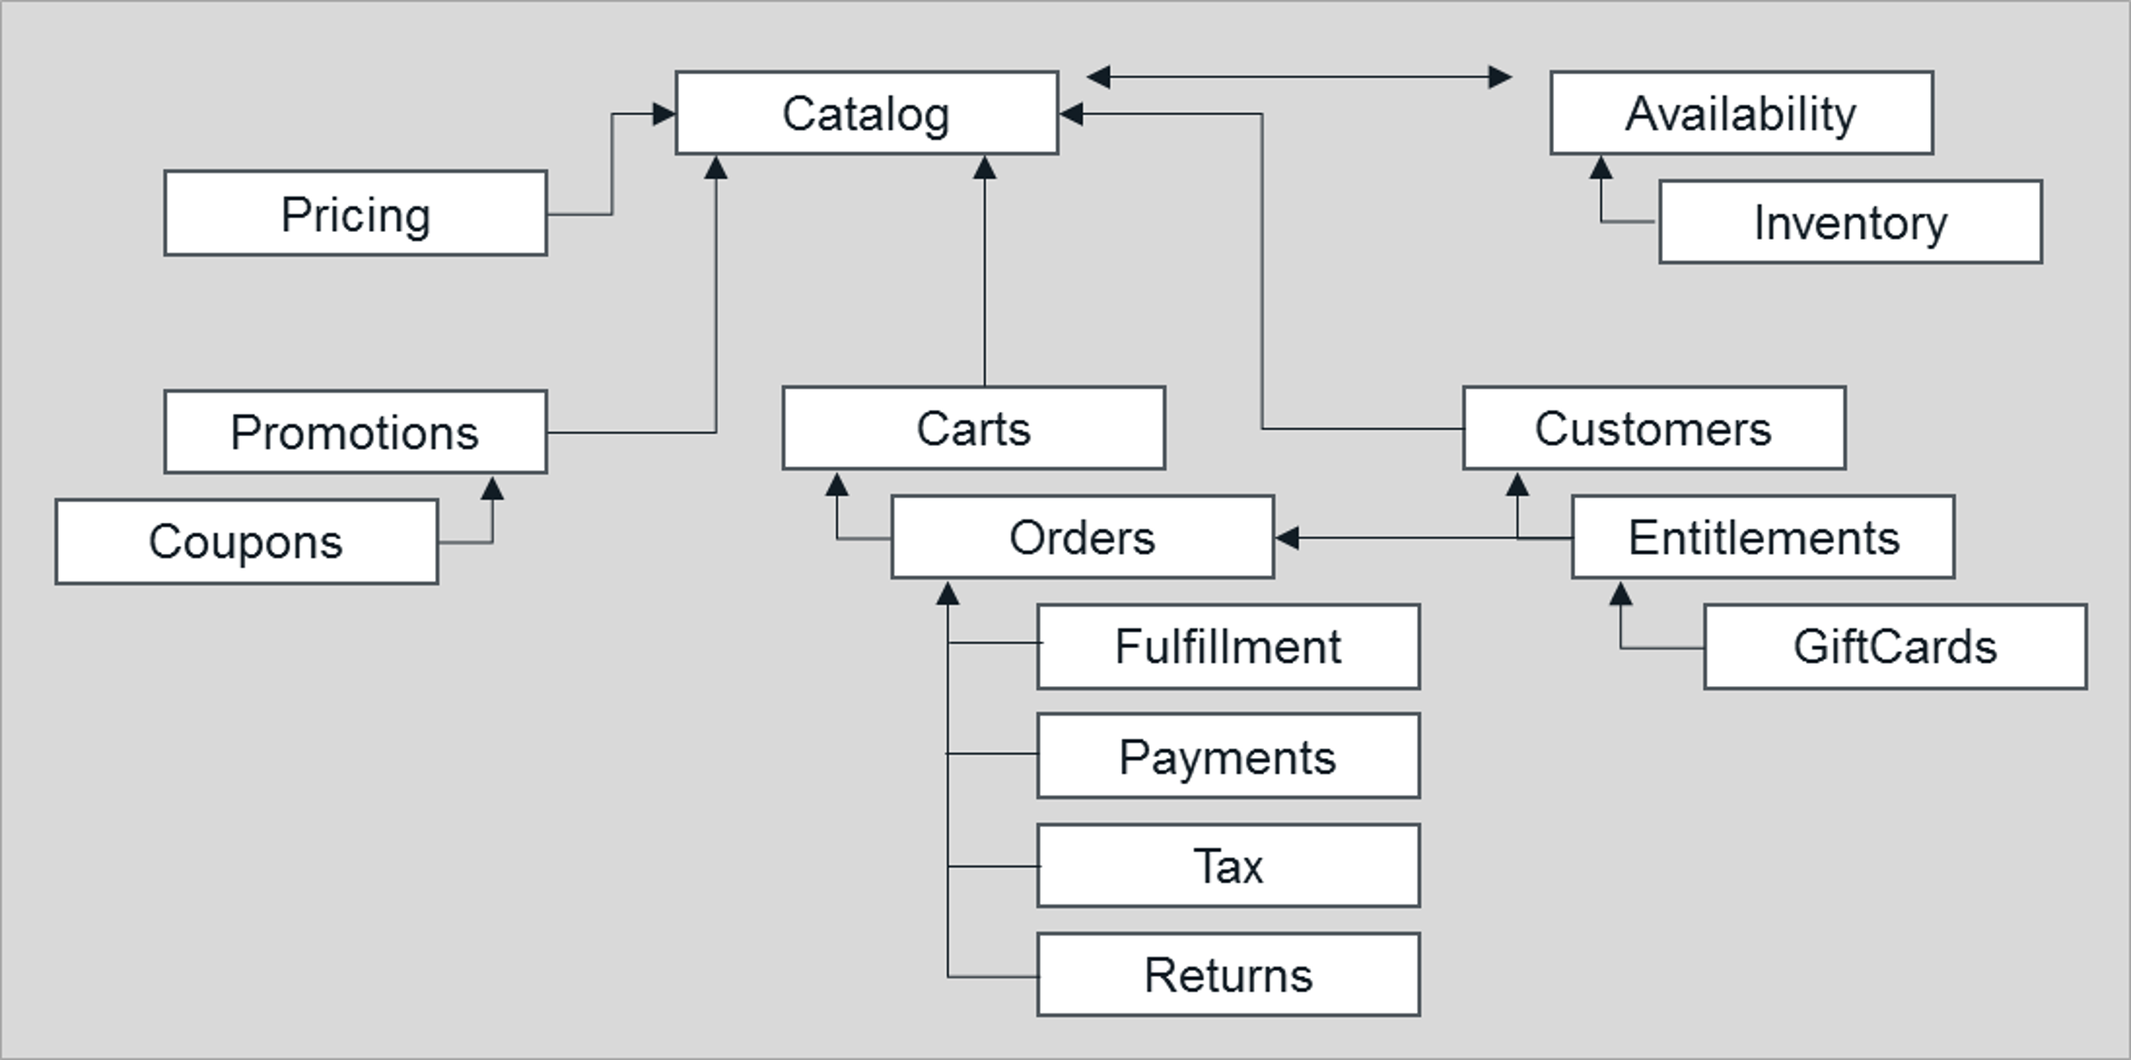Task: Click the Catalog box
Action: click(x=866, y=113)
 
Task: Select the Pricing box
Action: click(x=355, y=214)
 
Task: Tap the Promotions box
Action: click(x=355, y=432)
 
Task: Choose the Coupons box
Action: click(x=247, y=542)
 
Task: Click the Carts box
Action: click(x=973, y=428)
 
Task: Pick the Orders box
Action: click(x=1082, y=537)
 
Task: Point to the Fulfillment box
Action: click(x=1228, y=646)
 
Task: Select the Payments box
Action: click(x=1228, y=756)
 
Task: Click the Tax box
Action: click(x=1228, y=865)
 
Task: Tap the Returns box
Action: click(x=1228, y=974)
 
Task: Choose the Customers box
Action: click(x=1653, y=428)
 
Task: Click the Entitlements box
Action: click(x=1762, y=537)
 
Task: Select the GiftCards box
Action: click(x=1895, y=646)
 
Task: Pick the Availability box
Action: click(x=1741, y=113)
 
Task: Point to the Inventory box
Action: click(x=1850, y=222)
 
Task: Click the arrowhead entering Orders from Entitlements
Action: click(x=1287, y=538)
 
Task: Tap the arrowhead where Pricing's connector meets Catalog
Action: click(x=664, y=113)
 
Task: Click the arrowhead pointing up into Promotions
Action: click(x=492, y=489)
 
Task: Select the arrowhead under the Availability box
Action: click(x=1601, y=168)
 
